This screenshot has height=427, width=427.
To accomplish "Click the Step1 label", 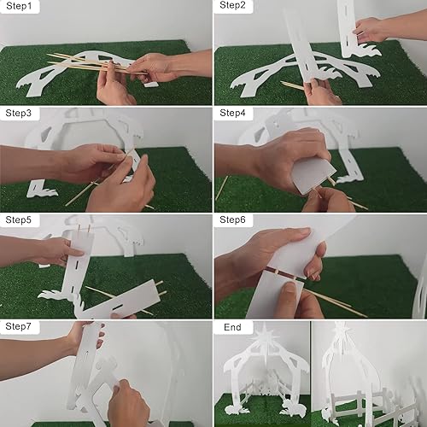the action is pos(19,6).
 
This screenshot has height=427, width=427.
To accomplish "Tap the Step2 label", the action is pos(232,5).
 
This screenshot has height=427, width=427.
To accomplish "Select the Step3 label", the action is pos(19,113).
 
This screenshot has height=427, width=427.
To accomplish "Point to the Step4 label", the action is pos(232,113).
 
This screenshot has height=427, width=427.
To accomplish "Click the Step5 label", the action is pos(19,219).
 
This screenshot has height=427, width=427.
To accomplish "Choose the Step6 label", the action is pos(232,219).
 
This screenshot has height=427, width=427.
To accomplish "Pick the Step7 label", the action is pos(19,326).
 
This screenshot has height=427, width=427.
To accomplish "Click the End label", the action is pos(232,327).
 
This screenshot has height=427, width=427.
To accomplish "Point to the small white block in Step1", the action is pos(150,85).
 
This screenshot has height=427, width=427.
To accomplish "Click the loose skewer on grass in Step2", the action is pos(292,85).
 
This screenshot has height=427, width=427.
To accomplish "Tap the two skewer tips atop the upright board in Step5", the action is pos(85,228).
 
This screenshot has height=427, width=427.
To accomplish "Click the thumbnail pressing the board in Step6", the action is pos(288,289).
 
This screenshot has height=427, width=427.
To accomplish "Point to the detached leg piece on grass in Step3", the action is pos(41,190).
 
